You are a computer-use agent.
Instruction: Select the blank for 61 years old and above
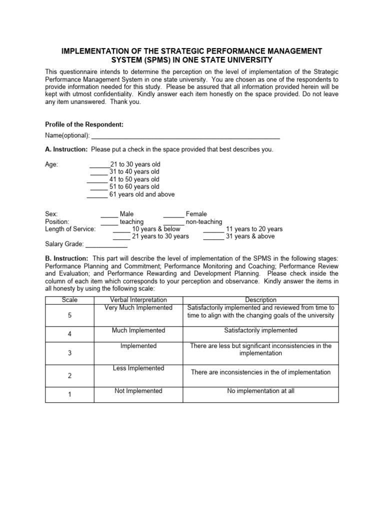(97, 194)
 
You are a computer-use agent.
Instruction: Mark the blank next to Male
(109, 214)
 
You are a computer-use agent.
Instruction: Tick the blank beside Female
(173, 214)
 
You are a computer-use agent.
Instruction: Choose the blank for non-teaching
(173, 222)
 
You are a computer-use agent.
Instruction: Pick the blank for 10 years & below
(121, 229)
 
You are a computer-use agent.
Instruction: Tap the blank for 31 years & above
(213, 237)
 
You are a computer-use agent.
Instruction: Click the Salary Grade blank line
(106, 245)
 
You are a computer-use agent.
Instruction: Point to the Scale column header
(69, 299)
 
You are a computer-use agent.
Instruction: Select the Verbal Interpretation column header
(138, 299)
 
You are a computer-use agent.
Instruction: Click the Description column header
(260, 299)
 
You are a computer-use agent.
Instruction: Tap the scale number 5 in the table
(69, 316)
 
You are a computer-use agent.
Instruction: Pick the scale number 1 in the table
(69, 394)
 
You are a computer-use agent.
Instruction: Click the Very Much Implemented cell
(138, 307)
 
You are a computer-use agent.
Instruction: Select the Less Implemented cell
(138, 368)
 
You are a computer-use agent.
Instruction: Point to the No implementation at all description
(260, 391)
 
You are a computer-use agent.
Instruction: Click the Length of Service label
(70, 229)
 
